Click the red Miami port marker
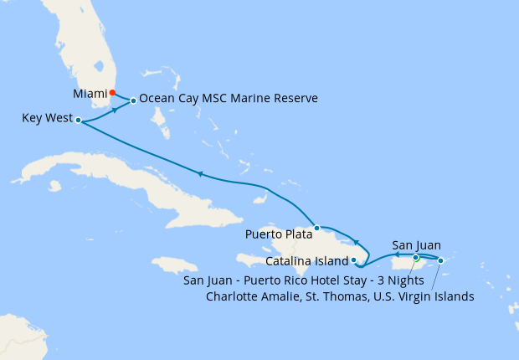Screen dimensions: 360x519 (113, 93)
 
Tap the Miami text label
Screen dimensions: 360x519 (90, 94)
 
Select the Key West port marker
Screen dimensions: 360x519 (78, 121)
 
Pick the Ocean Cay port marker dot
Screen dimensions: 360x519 (133, 101)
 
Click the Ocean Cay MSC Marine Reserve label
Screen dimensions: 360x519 (229, 99)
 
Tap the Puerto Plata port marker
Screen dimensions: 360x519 (316, 228)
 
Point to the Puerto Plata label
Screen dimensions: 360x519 (277, 234)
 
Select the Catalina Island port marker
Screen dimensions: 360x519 (354, 260)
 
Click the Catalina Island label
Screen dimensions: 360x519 (311, 261)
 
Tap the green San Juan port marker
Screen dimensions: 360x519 (416, 258)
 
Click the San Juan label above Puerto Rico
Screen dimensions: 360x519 (416, 245)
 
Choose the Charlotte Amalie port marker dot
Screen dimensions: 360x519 (441, 260)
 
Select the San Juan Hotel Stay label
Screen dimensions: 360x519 (306, 280)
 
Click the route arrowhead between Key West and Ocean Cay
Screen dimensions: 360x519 (115, 110)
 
